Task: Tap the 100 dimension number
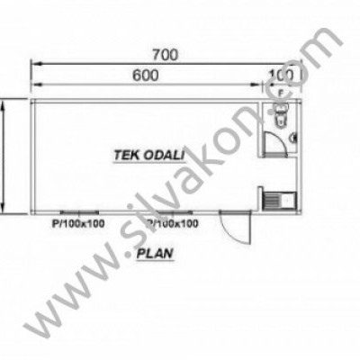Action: (x=283, y=76)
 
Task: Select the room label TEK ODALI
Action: (x=144, y=154)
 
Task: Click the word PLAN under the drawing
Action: (x=157, y=255)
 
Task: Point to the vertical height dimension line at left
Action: (x=7, y=157)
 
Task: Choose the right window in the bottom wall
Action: (x=171, y=213)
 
